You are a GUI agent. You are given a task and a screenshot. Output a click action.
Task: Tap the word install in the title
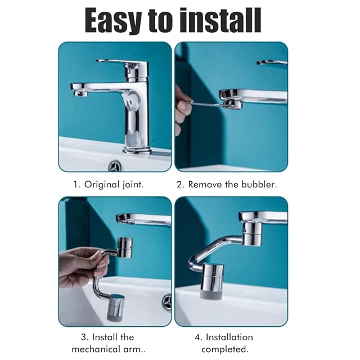pyautogui.click(x=220, y=20)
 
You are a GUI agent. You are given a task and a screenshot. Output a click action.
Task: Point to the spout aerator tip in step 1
pyautogui.click(x=80, y=93)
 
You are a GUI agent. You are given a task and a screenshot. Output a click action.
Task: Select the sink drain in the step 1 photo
pyautogui.click(x=114, y=165)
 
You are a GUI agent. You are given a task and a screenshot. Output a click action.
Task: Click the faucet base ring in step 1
pyautogui.click(x=137, y=151)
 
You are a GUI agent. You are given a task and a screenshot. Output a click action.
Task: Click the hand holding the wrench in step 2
pyautogui.click(x=182, y=110)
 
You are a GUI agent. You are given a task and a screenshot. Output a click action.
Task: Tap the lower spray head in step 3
pyautogui.click(x=115, y=308)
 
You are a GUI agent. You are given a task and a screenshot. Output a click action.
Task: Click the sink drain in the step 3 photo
pyautogui.click(x=167, y=302)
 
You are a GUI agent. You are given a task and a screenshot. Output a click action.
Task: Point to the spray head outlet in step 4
pyautogui.click(x=211, y=295)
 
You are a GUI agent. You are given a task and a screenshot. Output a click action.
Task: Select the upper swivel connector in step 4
pyautogui.click(x=252, y=234)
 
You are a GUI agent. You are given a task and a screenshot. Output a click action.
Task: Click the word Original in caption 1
pyautogui.click(x=102, y=185)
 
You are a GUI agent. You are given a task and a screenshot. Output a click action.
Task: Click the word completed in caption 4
pyautogui.click(x=225, y=349)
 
